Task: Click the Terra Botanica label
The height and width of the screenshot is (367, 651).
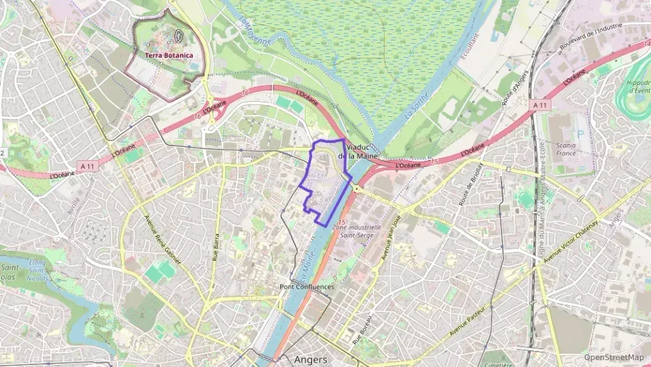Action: [x=169, y=55]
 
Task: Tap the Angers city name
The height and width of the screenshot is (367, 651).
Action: [x=311, y=359]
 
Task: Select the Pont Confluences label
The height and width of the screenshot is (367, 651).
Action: [x=306, y=286]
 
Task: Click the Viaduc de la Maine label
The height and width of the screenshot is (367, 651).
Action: [x=357, y=152]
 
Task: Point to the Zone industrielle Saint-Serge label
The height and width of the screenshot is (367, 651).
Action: [x=357, y=231]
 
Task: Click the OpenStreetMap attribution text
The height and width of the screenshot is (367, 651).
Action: [x=614, y=357]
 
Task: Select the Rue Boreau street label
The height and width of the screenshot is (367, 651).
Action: [x=362, y=325]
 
